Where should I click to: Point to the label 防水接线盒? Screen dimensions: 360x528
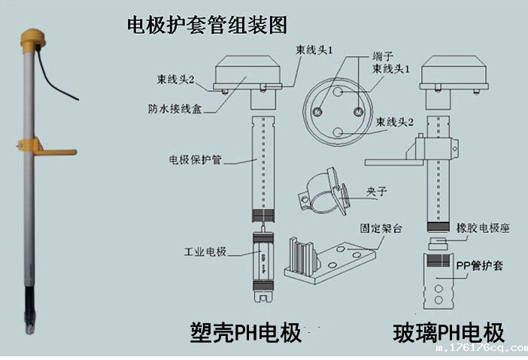[x=174, y=107]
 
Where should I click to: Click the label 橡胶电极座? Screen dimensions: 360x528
[x=484, y=228]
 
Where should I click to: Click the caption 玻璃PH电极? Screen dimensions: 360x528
[x=448, y=331]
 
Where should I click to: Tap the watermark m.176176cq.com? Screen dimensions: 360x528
[x=482, y=349]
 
